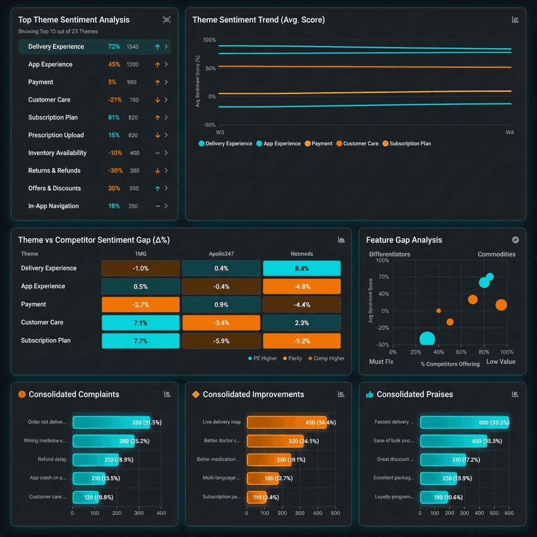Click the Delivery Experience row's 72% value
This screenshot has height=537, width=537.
tap(114, 47)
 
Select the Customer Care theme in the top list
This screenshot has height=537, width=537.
tap(49, 100)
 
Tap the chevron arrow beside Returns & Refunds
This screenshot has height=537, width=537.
tap(166, 170)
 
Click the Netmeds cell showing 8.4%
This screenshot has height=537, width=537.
tap(302, 268)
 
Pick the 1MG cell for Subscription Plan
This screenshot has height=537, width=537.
tap(140, 341)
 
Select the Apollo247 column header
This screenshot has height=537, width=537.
tap(221, 254)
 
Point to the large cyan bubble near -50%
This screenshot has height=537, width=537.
tap(427, 340)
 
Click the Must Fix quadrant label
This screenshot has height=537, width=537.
tap(381, 362)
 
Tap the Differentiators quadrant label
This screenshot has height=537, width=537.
tap(390, 254)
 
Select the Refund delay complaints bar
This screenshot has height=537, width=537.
tap(95, 460)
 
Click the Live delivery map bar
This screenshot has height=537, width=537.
tap(286, 423)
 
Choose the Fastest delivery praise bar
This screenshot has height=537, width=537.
tap(464, 423)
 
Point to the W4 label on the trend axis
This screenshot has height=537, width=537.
tap(509, 133)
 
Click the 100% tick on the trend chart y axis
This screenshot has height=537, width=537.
tap(209, 40)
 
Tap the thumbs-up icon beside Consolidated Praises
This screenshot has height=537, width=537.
tap(370, 394)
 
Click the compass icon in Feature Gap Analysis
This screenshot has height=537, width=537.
tap(515, 240)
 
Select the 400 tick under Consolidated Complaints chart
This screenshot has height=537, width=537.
tap(161, 513)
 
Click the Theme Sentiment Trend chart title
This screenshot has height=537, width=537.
tap(259, 20)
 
